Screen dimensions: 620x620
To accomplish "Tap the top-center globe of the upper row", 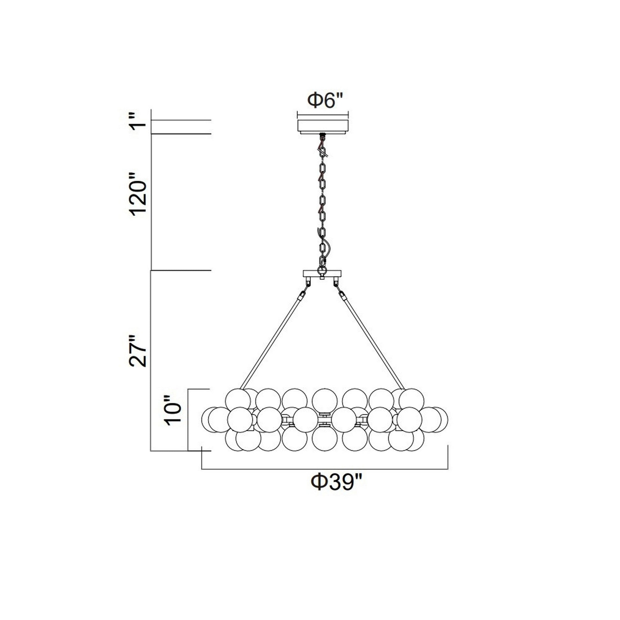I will click(325, 401).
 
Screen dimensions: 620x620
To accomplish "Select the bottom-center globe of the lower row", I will click(325, 439).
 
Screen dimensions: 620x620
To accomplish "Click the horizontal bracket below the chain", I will click(322, 274).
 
